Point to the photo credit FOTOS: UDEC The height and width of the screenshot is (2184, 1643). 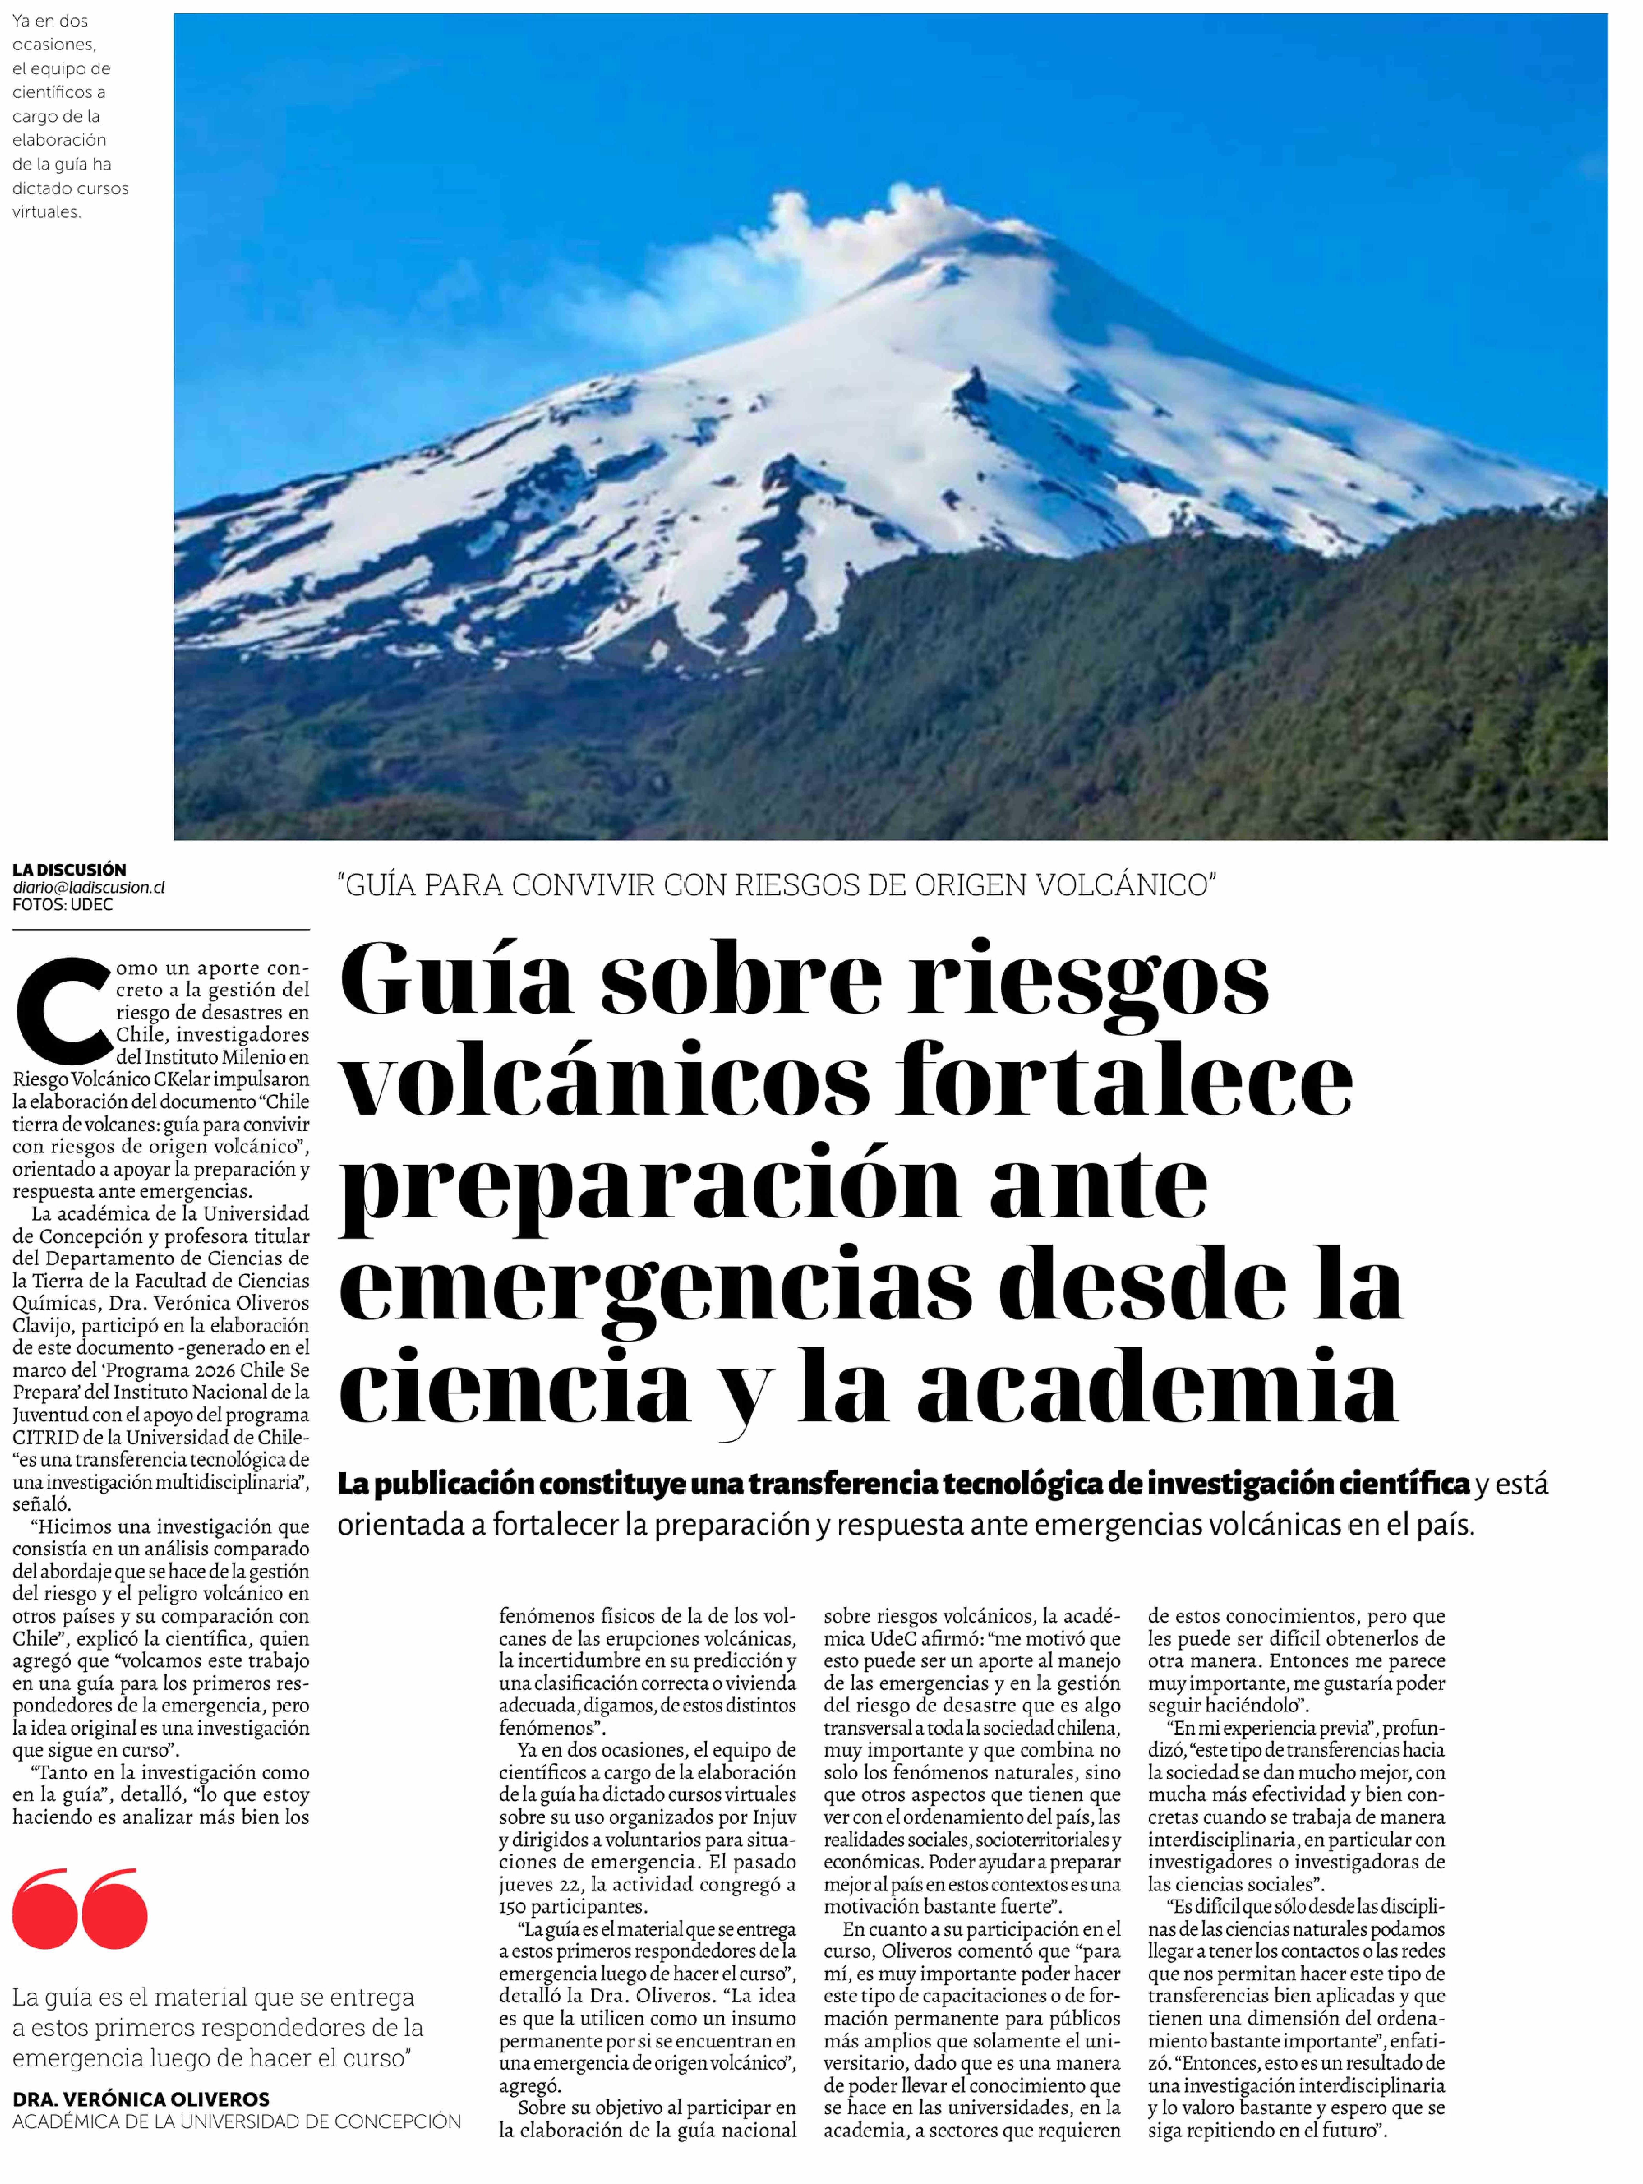[62, 904]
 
